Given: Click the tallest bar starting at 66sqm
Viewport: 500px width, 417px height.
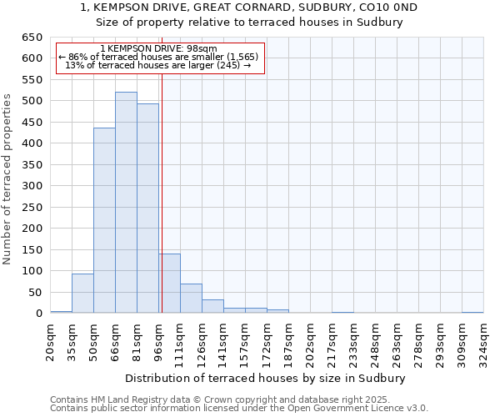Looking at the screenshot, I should click(x=126, y=203).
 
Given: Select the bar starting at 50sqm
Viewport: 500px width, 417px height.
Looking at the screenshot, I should click(x=104, y=221).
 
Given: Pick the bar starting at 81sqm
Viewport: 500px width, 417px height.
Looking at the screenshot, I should click(x=147, y=208).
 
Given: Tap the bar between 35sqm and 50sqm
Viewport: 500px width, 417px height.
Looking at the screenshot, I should click(x=82, y=294).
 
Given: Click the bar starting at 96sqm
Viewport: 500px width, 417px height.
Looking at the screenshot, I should click(x=169, y=284).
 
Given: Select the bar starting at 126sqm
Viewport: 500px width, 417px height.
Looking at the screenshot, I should click(x=212, y=306).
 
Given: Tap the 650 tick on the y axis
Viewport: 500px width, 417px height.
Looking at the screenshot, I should click(x=32, y=38).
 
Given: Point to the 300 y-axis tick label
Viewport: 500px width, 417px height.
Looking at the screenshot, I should click(x=32, y=186).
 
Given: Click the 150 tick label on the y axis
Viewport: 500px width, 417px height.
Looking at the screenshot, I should click(x=32, y=250).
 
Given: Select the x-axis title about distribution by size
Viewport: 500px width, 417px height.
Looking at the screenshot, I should click(x=270, y=378).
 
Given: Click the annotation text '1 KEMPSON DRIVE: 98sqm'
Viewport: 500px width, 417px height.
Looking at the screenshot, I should click(x=158, y=48).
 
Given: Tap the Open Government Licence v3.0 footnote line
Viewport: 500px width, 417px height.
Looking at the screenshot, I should click(x=239, y=409).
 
